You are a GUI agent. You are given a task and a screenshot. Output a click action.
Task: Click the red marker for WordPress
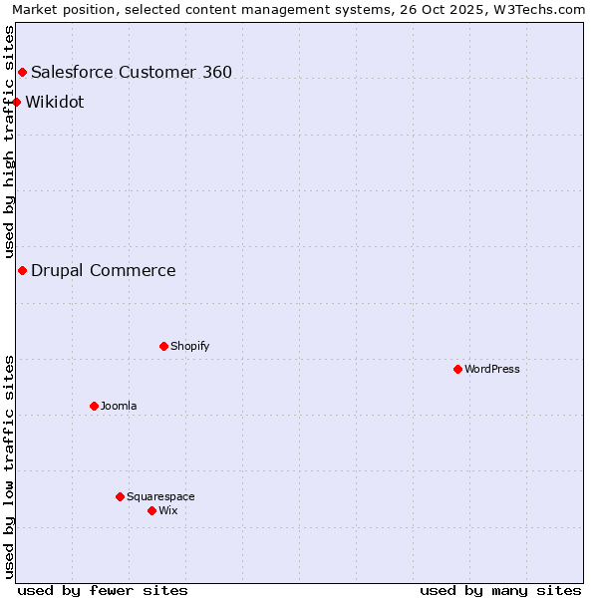pos(457,369)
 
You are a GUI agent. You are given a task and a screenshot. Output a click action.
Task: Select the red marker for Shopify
pos(163,346)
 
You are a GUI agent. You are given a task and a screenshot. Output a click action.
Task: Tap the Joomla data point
pos(94,406)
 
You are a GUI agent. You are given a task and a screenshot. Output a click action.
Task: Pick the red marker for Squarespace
pos(120,496)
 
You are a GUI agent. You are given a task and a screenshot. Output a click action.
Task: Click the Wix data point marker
pos(151,510)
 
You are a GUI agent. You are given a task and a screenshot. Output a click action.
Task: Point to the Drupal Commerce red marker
pos(22,270)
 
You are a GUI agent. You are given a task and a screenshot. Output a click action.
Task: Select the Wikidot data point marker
pos(16,102)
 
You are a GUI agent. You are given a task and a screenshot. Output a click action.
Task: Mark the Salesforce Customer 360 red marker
pos(22,72)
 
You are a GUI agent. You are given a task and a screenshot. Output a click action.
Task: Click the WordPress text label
pos(492,369)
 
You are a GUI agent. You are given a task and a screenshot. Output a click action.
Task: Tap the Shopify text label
pos(189,346)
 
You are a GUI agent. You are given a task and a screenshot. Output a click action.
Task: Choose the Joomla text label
pos(119,406)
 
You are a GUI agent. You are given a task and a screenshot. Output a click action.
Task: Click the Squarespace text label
pos(160,496)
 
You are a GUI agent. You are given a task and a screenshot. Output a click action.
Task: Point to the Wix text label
pos(167,510)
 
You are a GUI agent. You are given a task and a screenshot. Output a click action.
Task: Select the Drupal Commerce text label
pos(104,270)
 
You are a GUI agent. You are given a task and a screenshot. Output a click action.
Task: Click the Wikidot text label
pos(55,102)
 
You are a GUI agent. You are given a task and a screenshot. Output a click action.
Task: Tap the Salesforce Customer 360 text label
pos(132,72)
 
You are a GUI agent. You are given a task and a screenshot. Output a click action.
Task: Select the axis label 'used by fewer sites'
pos(103,590)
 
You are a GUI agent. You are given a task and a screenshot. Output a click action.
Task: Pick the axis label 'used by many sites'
pos(500,590)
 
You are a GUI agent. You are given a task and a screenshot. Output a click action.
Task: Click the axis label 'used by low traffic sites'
pos(9,466)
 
